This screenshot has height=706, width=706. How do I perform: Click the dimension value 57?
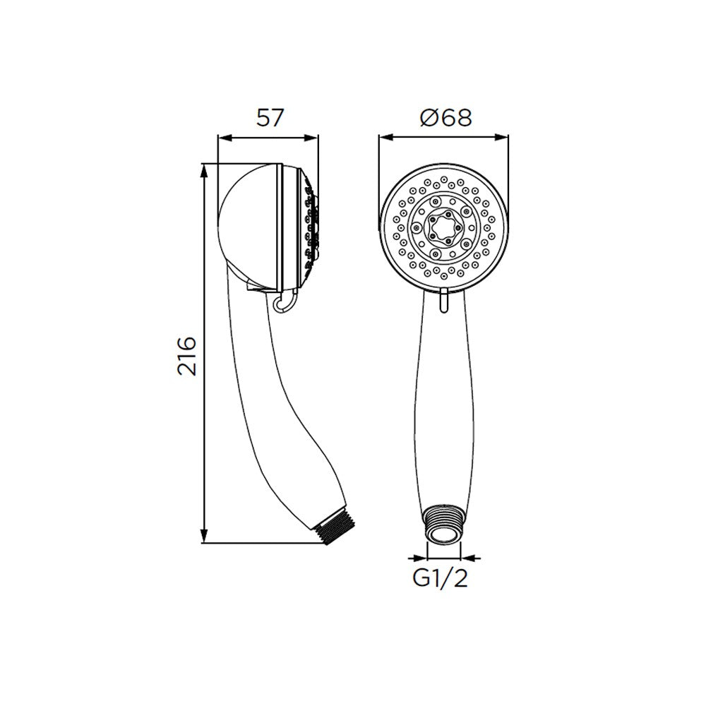point(270,118)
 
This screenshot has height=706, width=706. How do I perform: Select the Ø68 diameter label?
point(445,118)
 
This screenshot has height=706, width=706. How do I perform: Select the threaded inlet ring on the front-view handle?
point(443,525)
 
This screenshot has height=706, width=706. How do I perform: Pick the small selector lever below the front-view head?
point(443,301)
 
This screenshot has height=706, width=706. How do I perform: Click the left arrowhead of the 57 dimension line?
point(225,138)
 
